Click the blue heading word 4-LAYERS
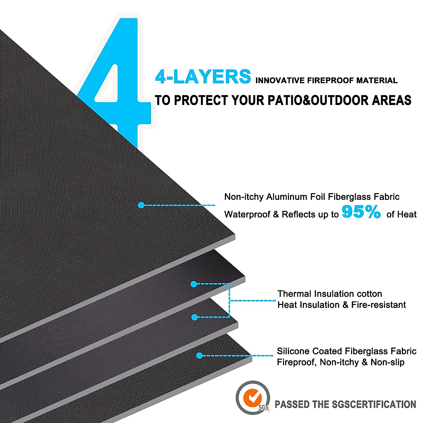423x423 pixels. click(203, 77)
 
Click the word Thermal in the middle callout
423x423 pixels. click(294, 294)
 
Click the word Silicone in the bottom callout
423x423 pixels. click(292, 351)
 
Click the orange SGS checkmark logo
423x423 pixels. click(253, 397)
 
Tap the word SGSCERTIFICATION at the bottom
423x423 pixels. click(374, 404)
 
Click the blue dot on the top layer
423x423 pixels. click(141, 205)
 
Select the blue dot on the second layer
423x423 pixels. click(194, 284)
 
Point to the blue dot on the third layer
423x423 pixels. click(194, 317)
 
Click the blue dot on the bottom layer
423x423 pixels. click(199, 356)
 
